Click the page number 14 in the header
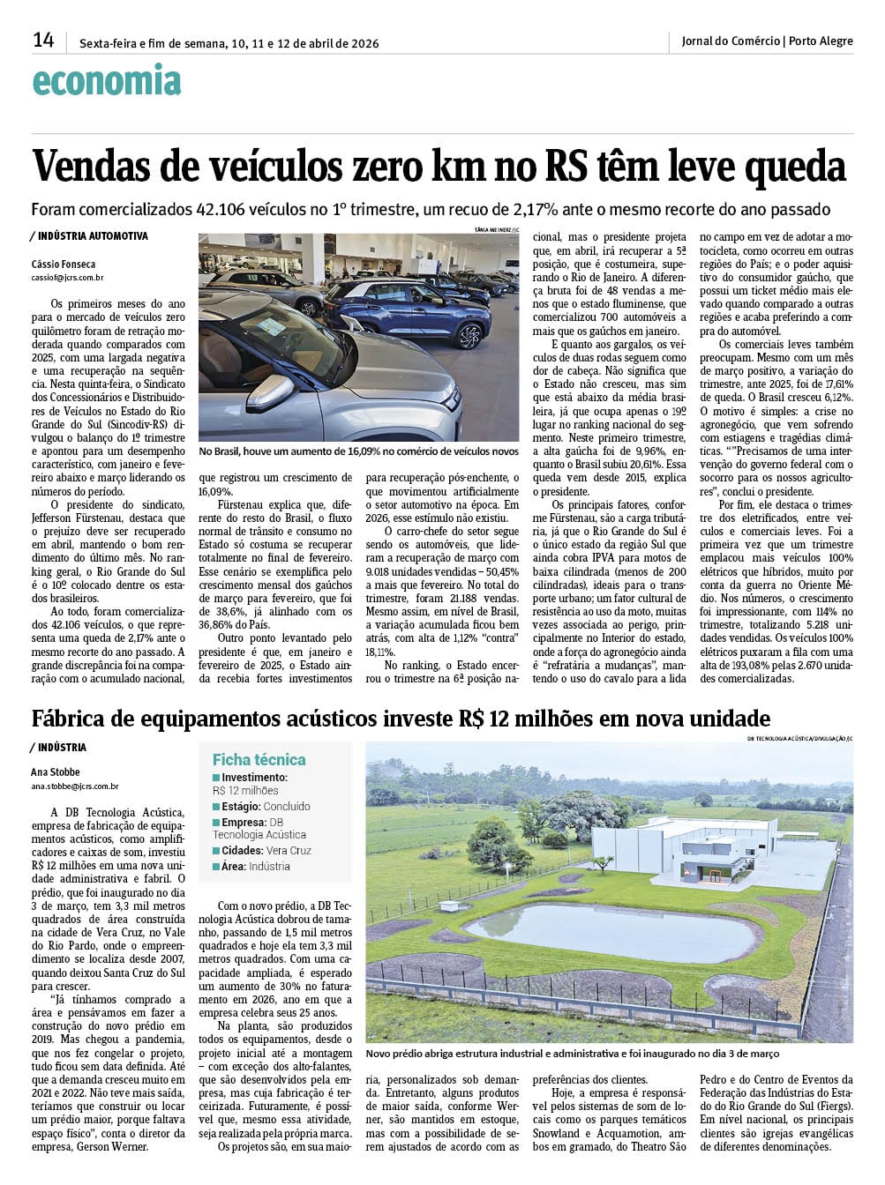(x=43, y=40)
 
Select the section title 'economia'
(x=107, y=82)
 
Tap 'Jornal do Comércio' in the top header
(x=731, y=41)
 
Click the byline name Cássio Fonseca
(x=64, y=265)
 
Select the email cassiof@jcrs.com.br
(x=67, y=278)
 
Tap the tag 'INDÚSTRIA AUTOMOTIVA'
(x=93, y=236)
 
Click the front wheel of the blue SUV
(x=469, y=336)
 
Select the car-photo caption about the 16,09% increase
(x=358, y=451)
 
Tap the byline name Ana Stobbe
(x=56, y=771)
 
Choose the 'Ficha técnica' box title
(x=259, y=759)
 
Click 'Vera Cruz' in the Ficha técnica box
(x=289, y=851)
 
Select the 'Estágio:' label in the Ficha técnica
(x=241, y=807)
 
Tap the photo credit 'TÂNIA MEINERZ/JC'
(x=496, y=229)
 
